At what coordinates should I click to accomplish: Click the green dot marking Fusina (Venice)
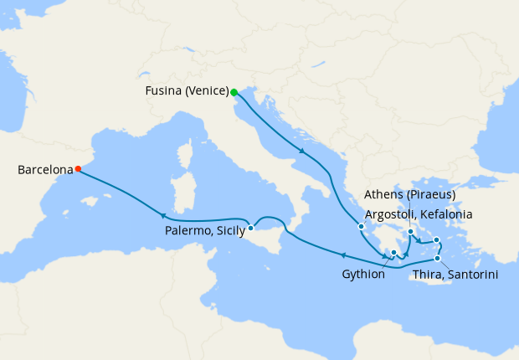pos(234,92)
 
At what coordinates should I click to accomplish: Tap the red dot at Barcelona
pos(78,169)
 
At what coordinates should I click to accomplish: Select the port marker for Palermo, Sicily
pos(250,228)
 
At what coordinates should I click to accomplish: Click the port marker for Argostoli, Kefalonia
pos(361,226)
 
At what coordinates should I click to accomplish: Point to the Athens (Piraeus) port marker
pos(410,232)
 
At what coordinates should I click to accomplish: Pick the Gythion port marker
pos(393,252)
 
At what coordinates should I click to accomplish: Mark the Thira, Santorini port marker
pos(437,258)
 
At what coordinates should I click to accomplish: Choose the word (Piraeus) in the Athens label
pos(430,195)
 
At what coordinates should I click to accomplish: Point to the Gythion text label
pos(363,274)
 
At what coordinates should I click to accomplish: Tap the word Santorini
pos(470,273)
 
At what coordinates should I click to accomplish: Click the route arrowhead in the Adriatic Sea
pos(301,151)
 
